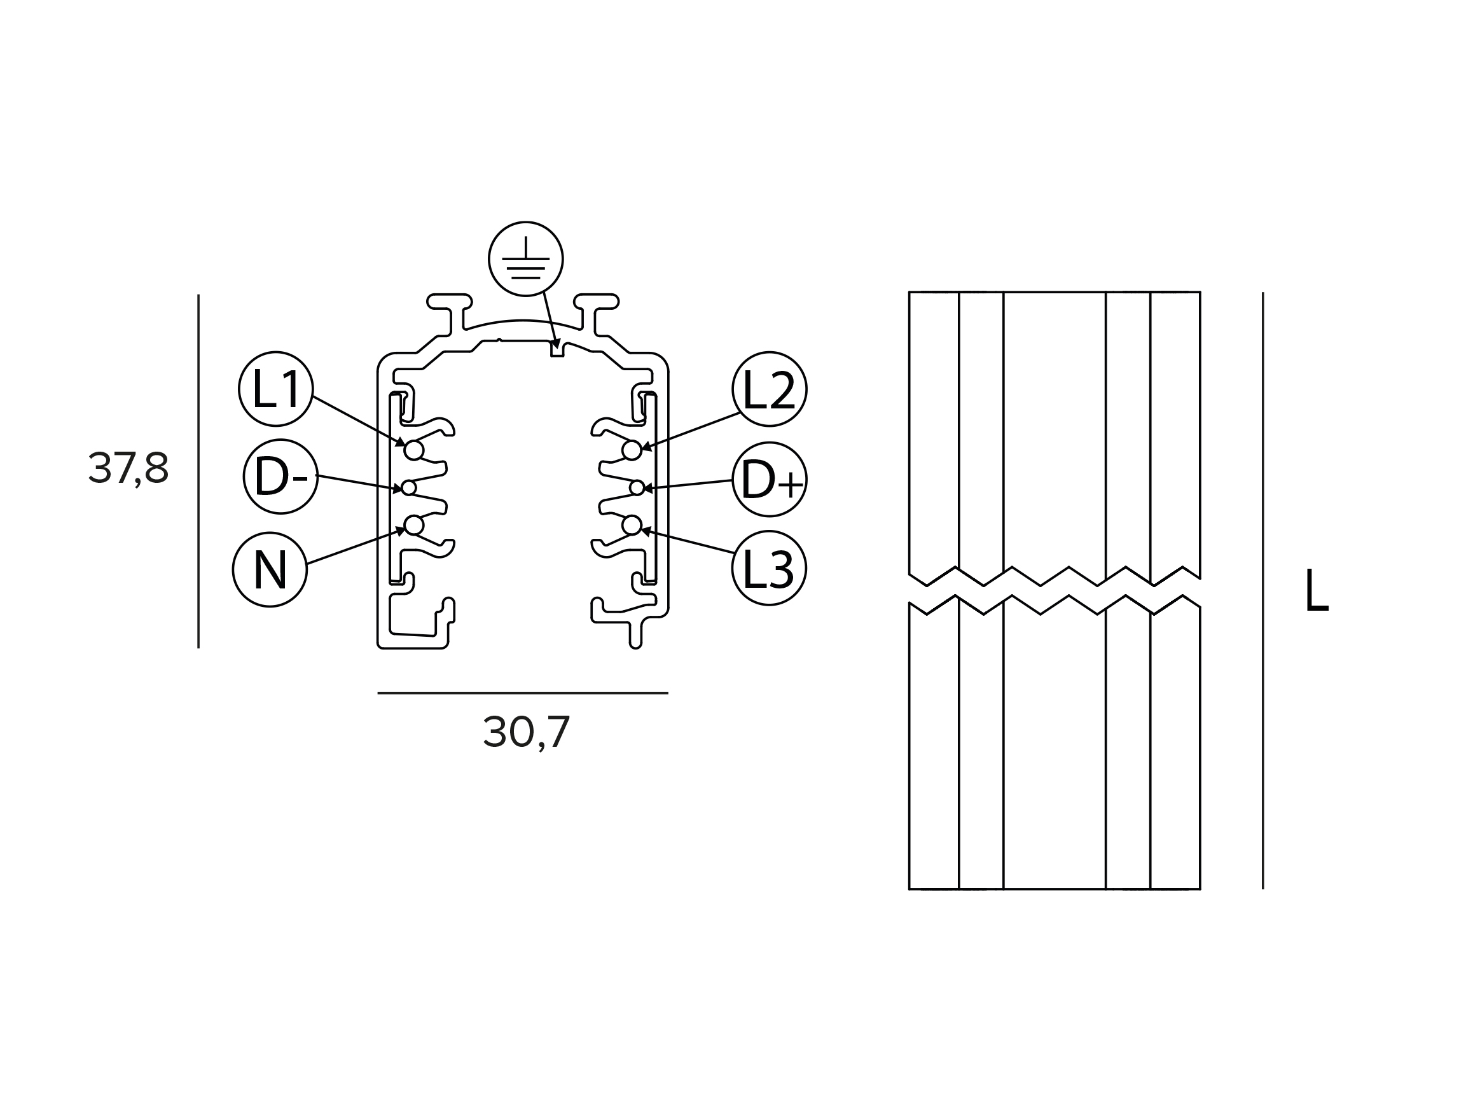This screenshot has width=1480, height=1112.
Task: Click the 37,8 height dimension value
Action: pyautogui.click(x=128, y=468)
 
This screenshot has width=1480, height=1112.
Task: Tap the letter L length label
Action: pyautogui.click(x=1316, y=590)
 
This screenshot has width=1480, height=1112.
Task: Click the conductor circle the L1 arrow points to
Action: pyautogui.click(x=414, y=451)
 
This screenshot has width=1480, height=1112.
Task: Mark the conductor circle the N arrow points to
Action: pyautogui.click(x=414, y=526)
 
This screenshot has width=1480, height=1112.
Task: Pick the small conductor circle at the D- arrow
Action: pyautogui.click(x=409, y=489)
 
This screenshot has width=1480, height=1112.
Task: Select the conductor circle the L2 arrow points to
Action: pyautogui.click(x=632, y=451)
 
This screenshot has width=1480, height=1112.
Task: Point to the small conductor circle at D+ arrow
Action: pyautogui.click(x=637, y=489)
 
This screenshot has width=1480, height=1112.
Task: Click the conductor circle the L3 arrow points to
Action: pyautogui.click(x=632, y=526)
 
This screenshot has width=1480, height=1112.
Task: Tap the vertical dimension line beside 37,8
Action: pyautogui.click(x=198, y=471)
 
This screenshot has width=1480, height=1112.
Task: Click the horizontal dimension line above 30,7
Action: pyautogui.click(x=523, y=693)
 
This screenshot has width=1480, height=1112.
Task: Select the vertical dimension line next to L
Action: pyautogui.click(x=1263, y=591)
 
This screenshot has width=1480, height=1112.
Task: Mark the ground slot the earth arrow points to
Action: pyautogui.click(x=557, y=349)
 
